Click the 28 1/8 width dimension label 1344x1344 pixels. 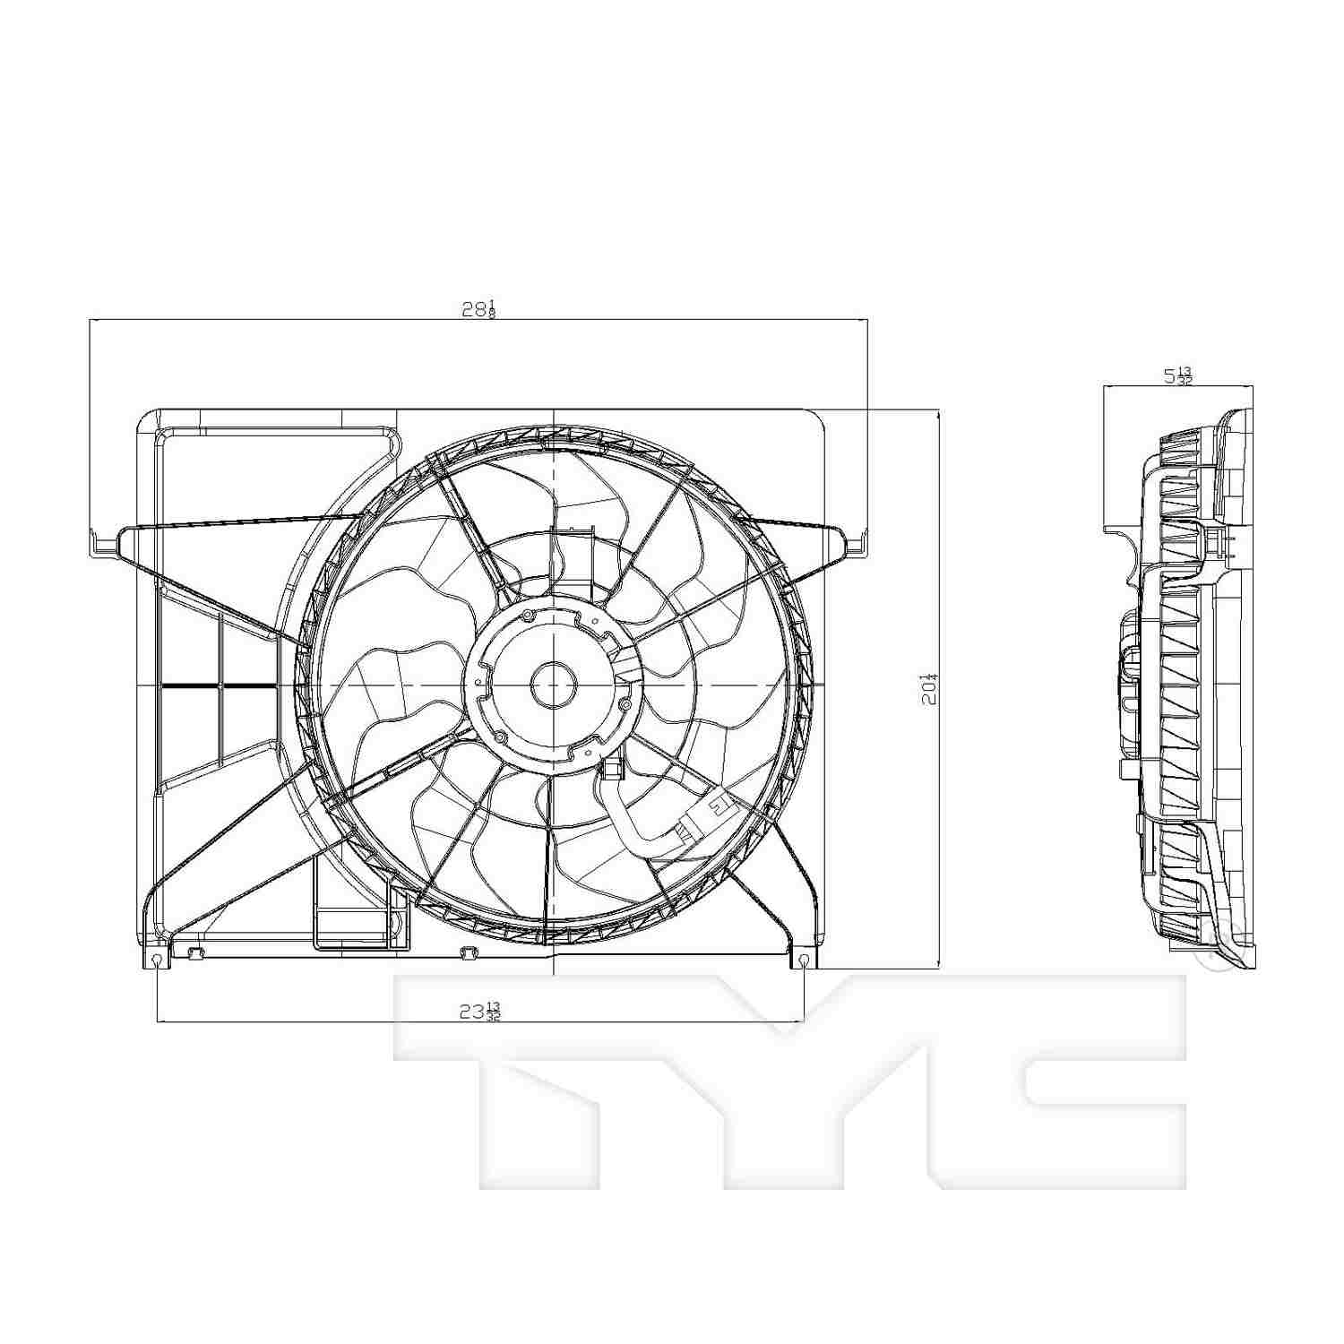[478, 309]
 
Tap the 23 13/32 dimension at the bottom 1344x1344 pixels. [479, 1012]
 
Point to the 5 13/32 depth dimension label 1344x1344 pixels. [1177, 375]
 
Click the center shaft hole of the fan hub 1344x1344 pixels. [553, 685]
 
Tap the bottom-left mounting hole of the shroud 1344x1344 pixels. [158, 961]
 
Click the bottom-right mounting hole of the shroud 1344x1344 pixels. [805, 961]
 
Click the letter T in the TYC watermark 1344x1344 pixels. [538, 1075]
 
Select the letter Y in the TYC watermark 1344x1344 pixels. [788, 1075]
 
